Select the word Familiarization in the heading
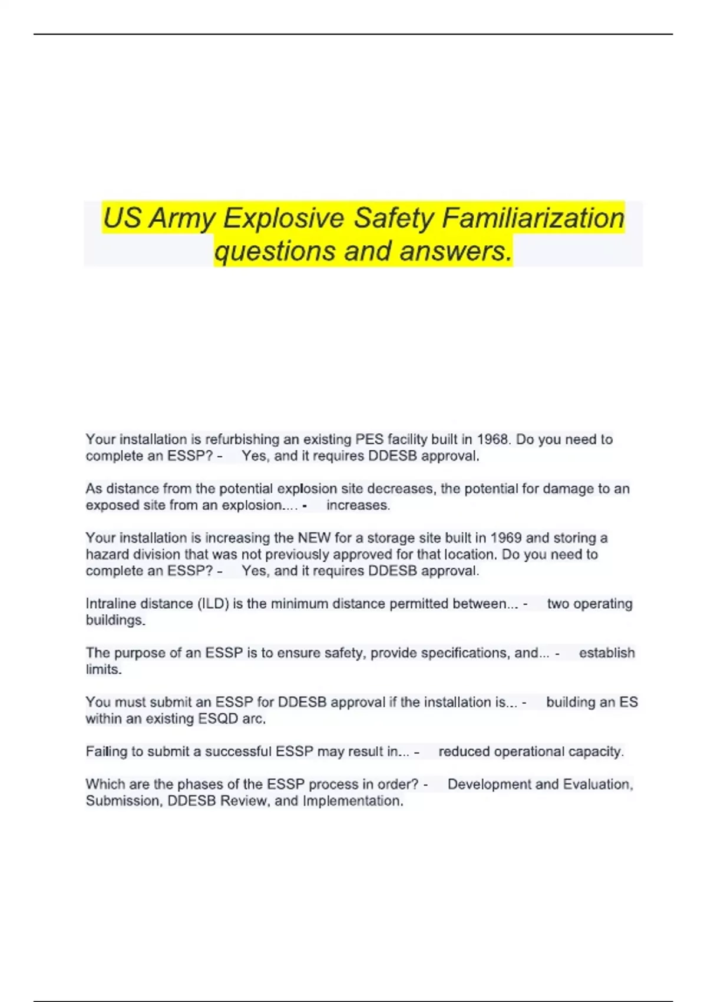click(x=533, y=218)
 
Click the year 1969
click(x=506, y=538)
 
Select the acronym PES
click(x=369, y=440)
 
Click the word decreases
click(x=402, y=489)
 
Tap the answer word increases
click(x=358, y=505)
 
